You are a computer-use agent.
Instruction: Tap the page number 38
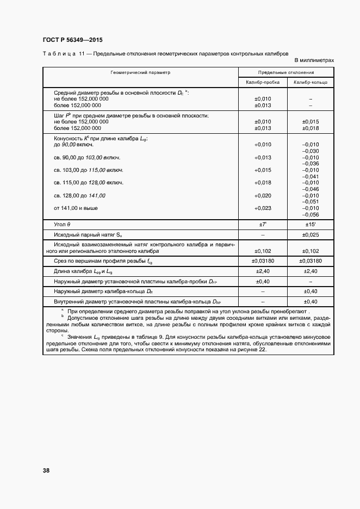click(45, 470)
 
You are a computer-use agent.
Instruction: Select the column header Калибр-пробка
click(262, 82)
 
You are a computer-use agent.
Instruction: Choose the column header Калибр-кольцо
click(310, 82)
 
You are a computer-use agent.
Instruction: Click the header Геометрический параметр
click(140, 72)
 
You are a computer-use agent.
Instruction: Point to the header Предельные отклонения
click(286, 72)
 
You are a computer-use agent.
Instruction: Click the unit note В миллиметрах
click(314, 60)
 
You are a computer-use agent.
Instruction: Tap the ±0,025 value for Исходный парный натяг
click(310, 235)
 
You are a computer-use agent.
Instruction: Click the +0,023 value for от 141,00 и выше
click(263, 208)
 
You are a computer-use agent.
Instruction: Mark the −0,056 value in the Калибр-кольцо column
click(310, 214)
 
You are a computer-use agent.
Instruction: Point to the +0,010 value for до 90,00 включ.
click(263, 145)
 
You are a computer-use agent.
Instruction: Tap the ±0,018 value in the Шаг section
click(310, 128)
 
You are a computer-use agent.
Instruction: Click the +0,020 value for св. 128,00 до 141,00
click(263, 195)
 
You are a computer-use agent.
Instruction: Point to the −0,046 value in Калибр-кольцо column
click(310, 189)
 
